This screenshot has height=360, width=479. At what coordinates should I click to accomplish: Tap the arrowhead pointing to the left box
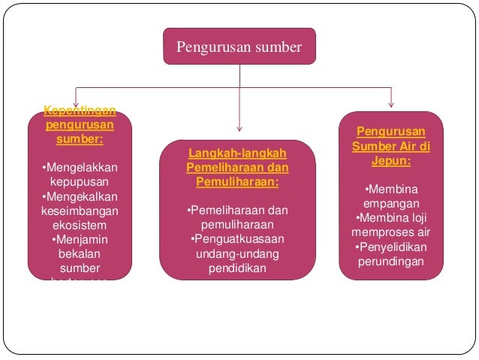[x=75, y=104]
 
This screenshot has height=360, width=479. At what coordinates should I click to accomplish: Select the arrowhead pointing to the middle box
[x=239, y=127]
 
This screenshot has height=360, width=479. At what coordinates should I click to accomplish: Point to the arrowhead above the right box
[x=390, y=104]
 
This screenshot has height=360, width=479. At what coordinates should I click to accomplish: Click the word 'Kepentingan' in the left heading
[x=80, y=111]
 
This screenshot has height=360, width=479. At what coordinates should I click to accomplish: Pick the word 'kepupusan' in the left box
[x=80, y=181]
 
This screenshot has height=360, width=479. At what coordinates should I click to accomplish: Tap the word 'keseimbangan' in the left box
[x=80, y=210]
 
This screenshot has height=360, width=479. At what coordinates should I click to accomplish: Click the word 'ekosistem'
[x=80, y=225]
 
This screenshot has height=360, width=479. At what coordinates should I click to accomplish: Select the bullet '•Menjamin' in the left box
[x=80, y=239]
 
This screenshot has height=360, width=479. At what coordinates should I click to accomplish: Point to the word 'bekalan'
[x=80, y=253]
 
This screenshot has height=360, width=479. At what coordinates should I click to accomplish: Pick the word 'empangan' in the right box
[x=390, y=204]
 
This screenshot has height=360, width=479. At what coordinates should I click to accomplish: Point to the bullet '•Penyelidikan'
[x=390, y=247]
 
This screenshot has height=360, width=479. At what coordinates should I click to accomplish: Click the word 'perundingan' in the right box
[x=390, y=262]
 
